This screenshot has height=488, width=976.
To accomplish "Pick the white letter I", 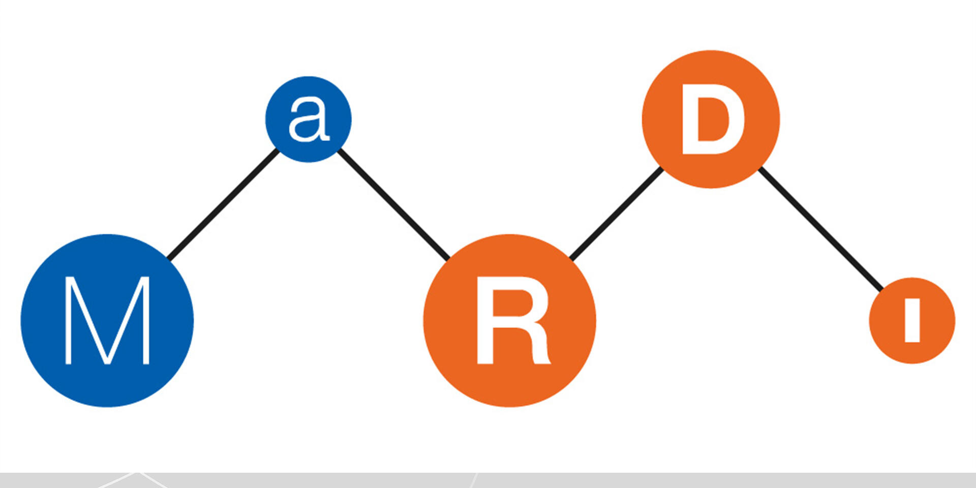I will [x=912, y=320].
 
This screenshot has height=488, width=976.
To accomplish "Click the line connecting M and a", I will [x=224, y=204].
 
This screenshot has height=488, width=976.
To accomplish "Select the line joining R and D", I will [x=616, y=213].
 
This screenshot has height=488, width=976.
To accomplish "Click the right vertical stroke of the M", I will [x=146, y=320].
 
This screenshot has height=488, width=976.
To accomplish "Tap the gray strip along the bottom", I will [x=712, y=480].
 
